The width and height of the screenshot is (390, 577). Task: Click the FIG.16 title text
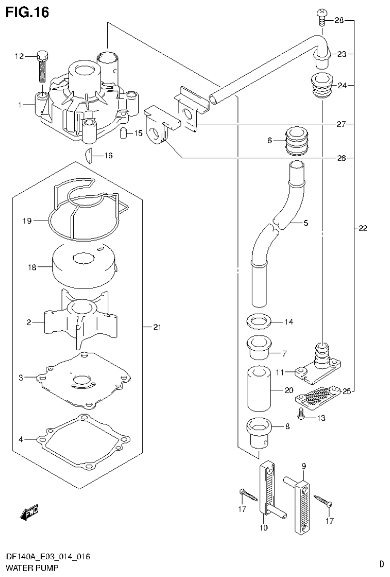click(27, 12)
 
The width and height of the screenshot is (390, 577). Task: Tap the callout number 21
click(157, 327)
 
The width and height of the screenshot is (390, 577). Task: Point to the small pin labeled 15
click(124, 133)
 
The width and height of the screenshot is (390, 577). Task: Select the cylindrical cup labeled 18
click(83, 267)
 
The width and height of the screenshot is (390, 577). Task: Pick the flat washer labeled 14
click(259, 321)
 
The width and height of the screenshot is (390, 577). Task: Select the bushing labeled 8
click(260, 432)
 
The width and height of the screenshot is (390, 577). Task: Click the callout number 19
click(27, 221)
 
